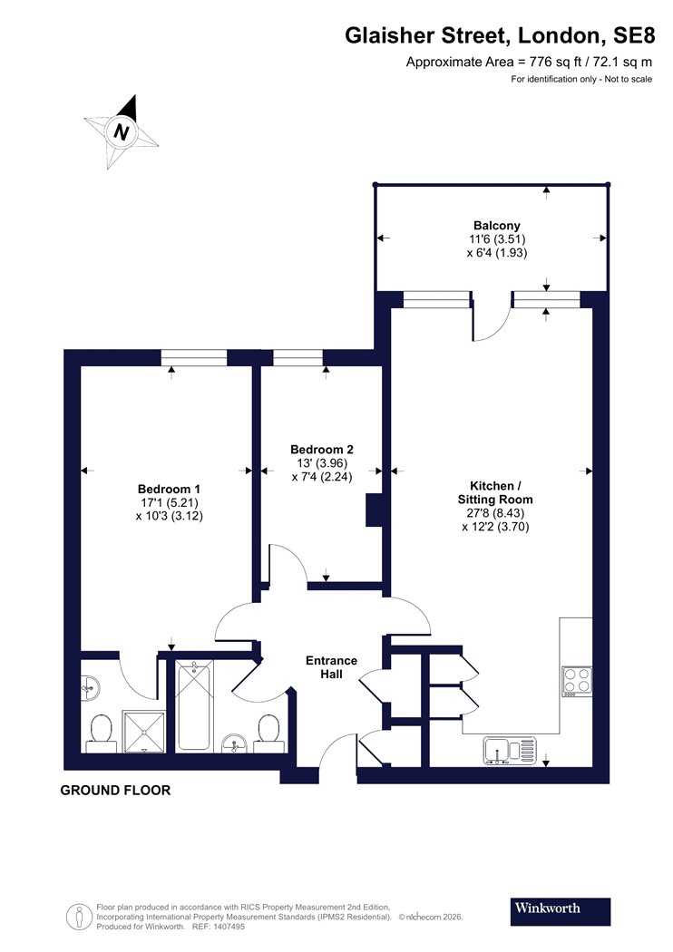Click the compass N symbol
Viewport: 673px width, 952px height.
(x=122, y=131)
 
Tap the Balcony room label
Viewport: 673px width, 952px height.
(x=497, y=226)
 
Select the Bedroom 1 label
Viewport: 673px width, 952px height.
(x=169, y=489)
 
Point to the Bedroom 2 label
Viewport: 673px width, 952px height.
(x=322, y=450)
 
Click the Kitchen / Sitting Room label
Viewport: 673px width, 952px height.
(x=495, y=492)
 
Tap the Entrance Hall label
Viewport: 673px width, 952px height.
(x=331, y=666)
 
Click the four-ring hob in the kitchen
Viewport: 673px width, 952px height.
(x=577, y=681)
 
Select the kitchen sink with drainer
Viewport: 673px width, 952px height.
(x=511, y=751)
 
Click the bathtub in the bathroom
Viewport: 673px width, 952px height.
(x=194, y=706)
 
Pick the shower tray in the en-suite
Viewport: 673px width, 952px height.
(x=144, y=732)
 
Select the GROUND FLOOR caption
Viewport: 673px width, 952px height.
(x=115, y=790)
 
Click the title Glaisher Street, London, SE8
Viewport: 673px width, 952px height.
(x=500, y=36)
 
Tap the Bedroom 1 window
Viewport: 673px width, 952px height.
(x=194, y=357)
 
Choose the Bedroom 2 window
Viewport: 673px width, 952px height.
(x=297, y=357)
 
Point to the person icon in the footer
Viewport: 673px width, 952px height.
(x=78, y=917)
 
